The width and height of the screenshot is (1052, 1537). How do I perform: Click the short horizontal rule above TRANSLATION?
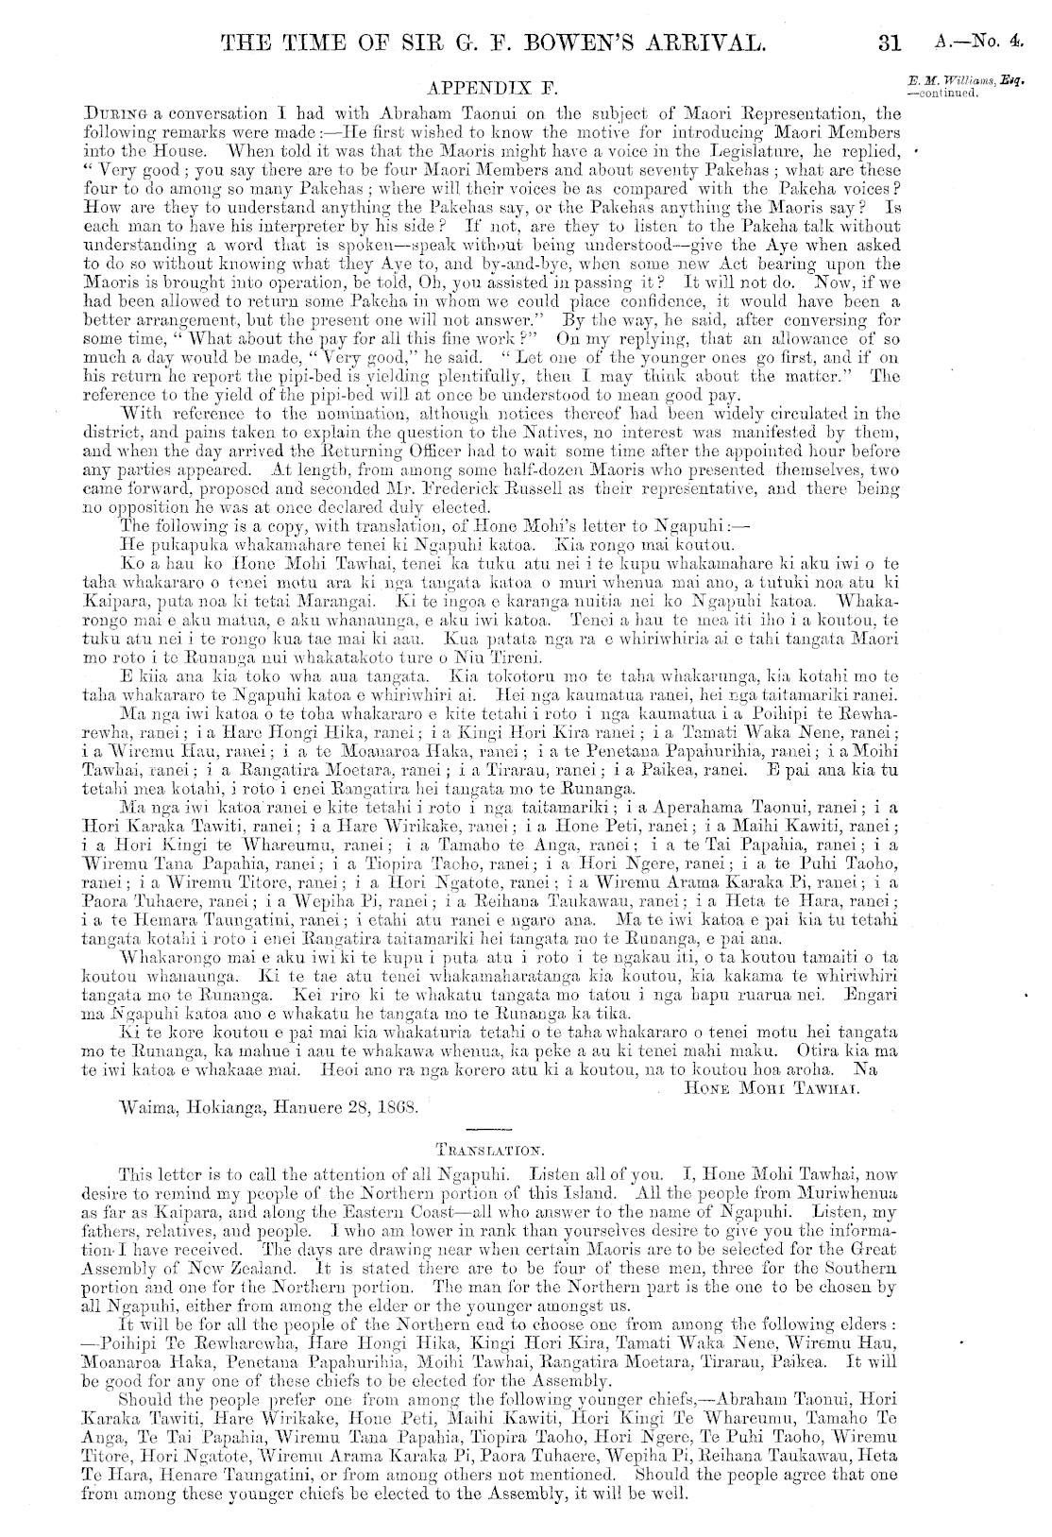(x=488, y=1131)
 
